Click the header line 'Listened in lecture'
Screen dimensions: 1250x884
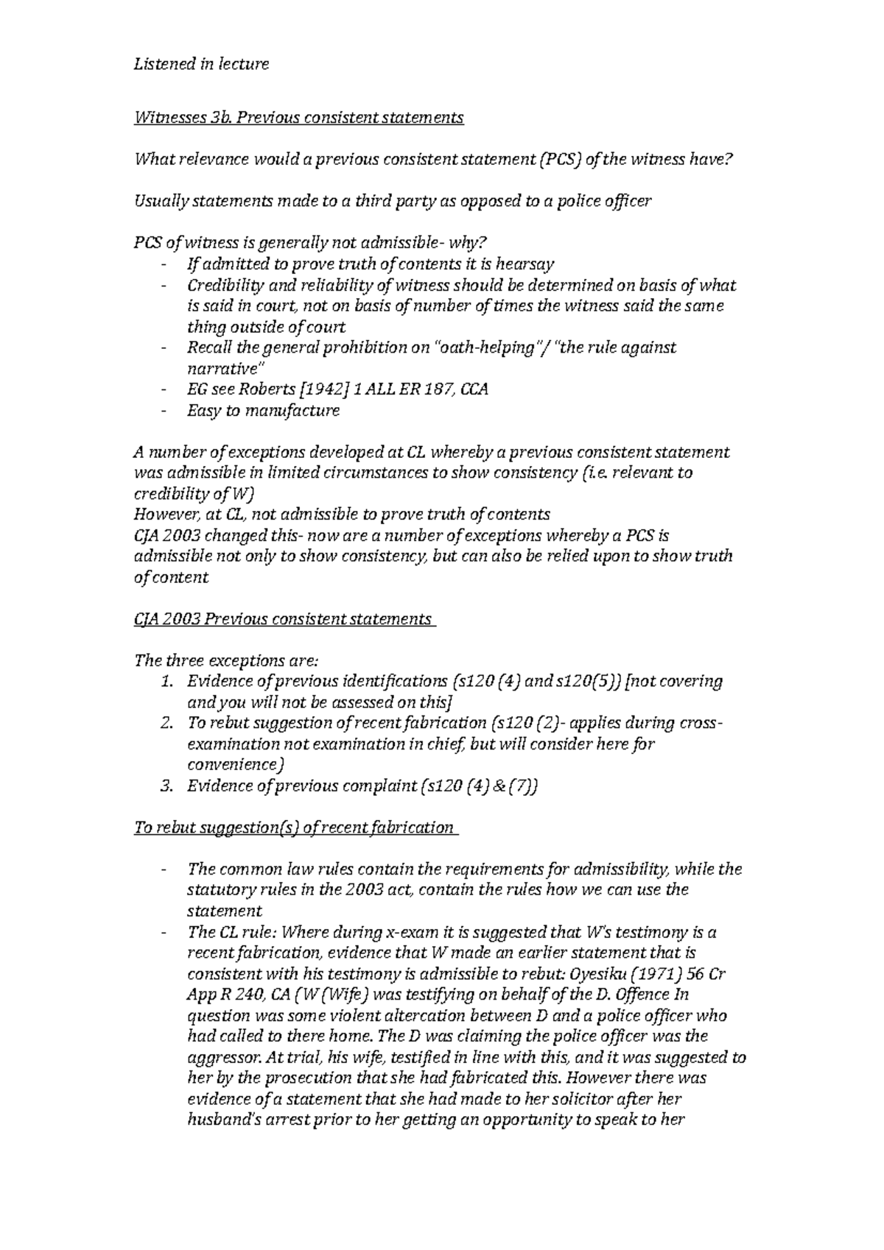(200, 65)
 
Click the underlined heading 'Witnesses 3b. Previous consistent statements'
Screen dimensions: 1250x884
(298, 118)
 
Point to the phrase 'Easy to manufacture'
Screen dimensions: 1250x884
(263, 411)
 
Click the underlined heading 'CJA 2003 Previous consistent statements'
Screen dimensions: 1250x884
(282, 619)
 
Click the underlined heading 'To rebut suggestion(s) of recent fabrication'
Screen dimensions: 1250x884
(293, 828)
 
